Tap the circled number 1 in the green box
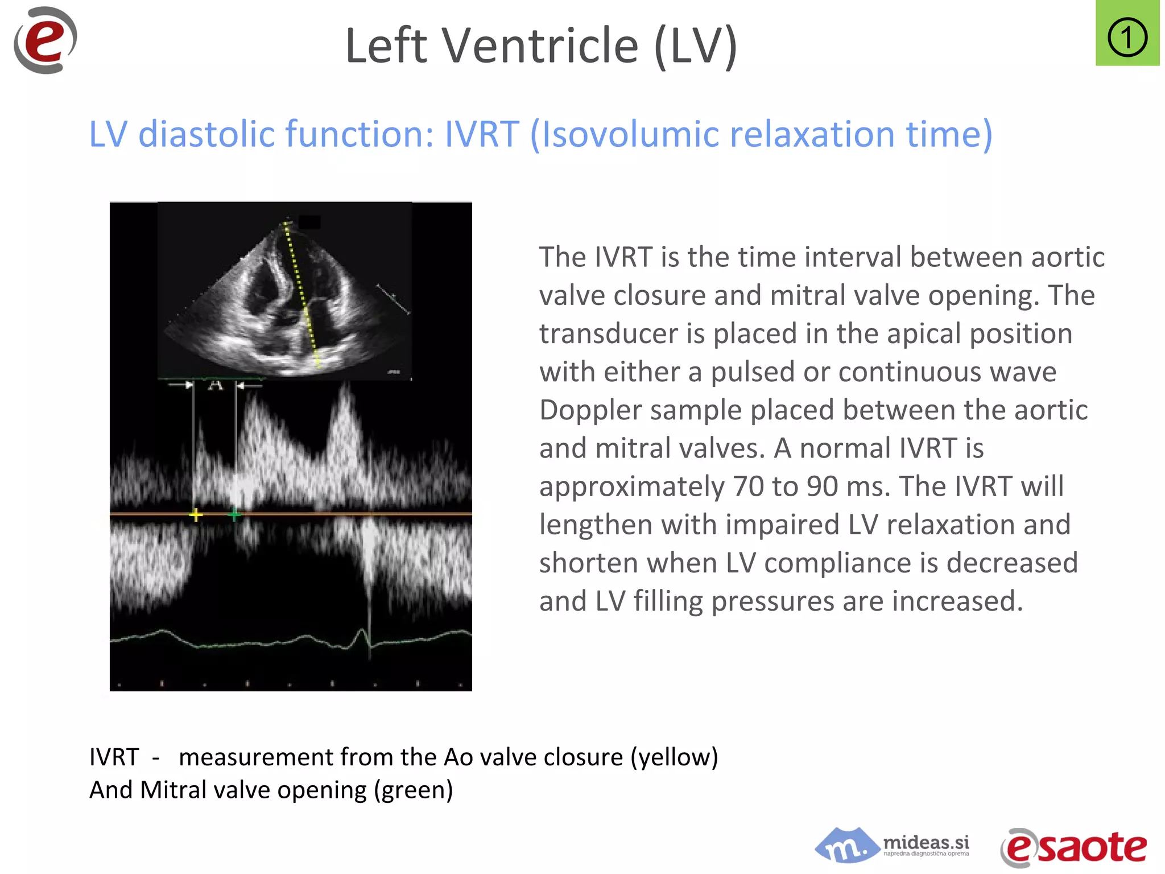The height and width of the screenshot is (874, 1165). click(x=1127, y=38)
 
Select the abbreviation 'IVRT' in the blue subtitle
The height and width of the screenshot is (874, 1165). click(x=481, y=134)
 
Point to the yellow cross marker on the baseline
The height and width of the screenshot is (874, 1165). click(x=196, y=515)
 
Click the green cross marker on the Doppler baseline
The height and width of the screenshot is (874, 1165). click(x=234, y=515)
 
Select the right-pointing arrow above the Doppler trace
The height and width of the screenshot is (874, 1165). click(x=182, y=385)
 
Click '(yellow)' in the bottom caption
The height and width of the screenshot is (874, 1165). click(x=674, y=757)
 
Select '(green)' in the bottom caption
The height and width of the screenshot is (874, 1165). click(x=413, y=790)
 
